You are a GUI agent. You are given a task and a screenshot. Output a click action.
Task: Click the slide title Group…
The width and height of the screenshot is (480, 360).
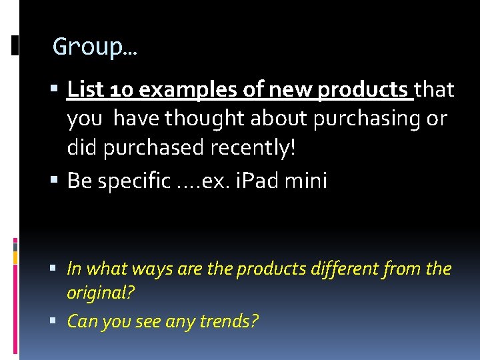(95, 47)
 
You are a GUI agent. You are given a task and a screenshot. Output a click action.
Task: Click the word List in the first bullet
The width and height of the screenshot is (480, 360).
(83, 89)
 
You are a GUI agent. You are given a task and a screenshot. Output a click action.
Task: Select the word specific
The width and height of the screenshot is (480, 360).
(134, 181)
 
